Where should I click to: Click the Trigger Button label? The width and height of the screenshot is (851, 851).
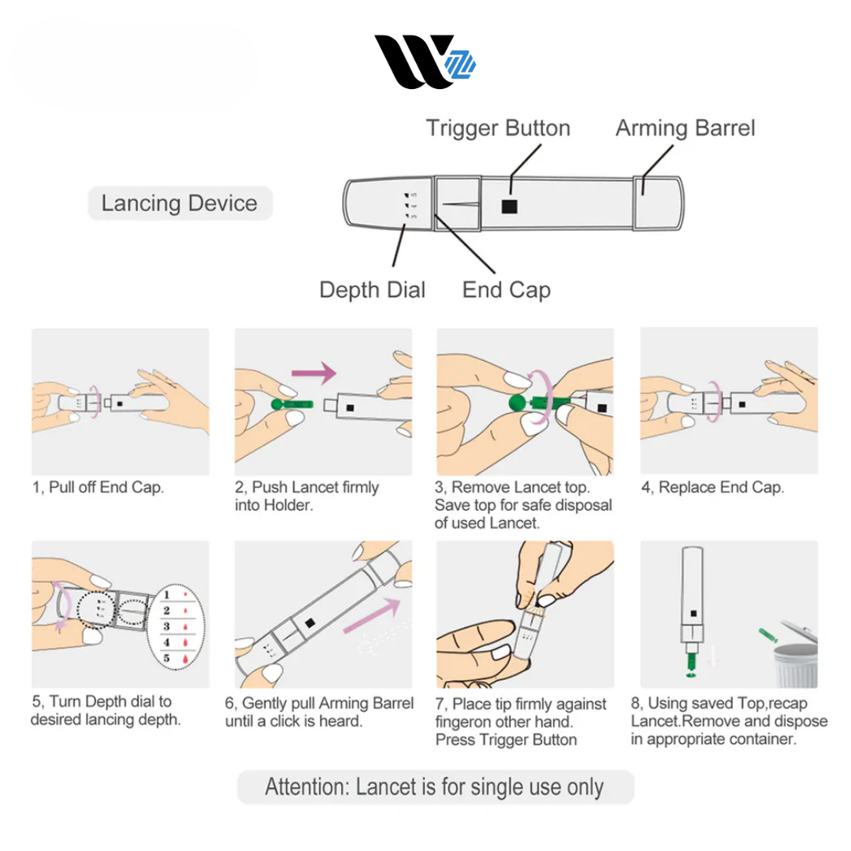[498, 128]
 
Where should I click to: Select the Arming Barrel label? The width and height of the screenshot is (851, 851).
[685, 128]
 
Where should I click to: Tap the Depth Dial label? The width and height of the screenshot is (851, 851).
[372, 289]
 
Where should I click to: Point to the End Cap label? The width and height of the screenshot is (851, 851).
[506, 289]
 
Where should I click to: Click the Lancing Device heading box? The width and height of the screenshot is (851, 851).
[179, 203]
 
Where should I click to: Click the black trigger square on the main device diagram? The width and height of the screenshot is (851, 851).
[510, 206]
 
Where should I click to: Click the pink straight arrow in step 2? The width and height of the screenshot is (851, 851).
[314, 371]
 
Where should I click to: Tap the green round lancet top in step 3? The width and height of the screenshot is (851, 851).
[515, 403]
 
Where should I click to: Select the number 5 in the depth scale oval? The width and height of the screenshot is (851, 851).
[166, 657]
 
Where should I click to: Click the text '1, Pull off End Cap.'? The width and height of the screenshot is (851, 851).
[98, 488]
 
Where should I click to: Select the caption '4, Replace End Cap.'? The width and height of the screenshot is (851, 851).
[712, 488]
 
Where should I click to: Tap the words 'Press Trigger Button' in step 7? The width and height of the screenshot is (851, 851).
[506, 740]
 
